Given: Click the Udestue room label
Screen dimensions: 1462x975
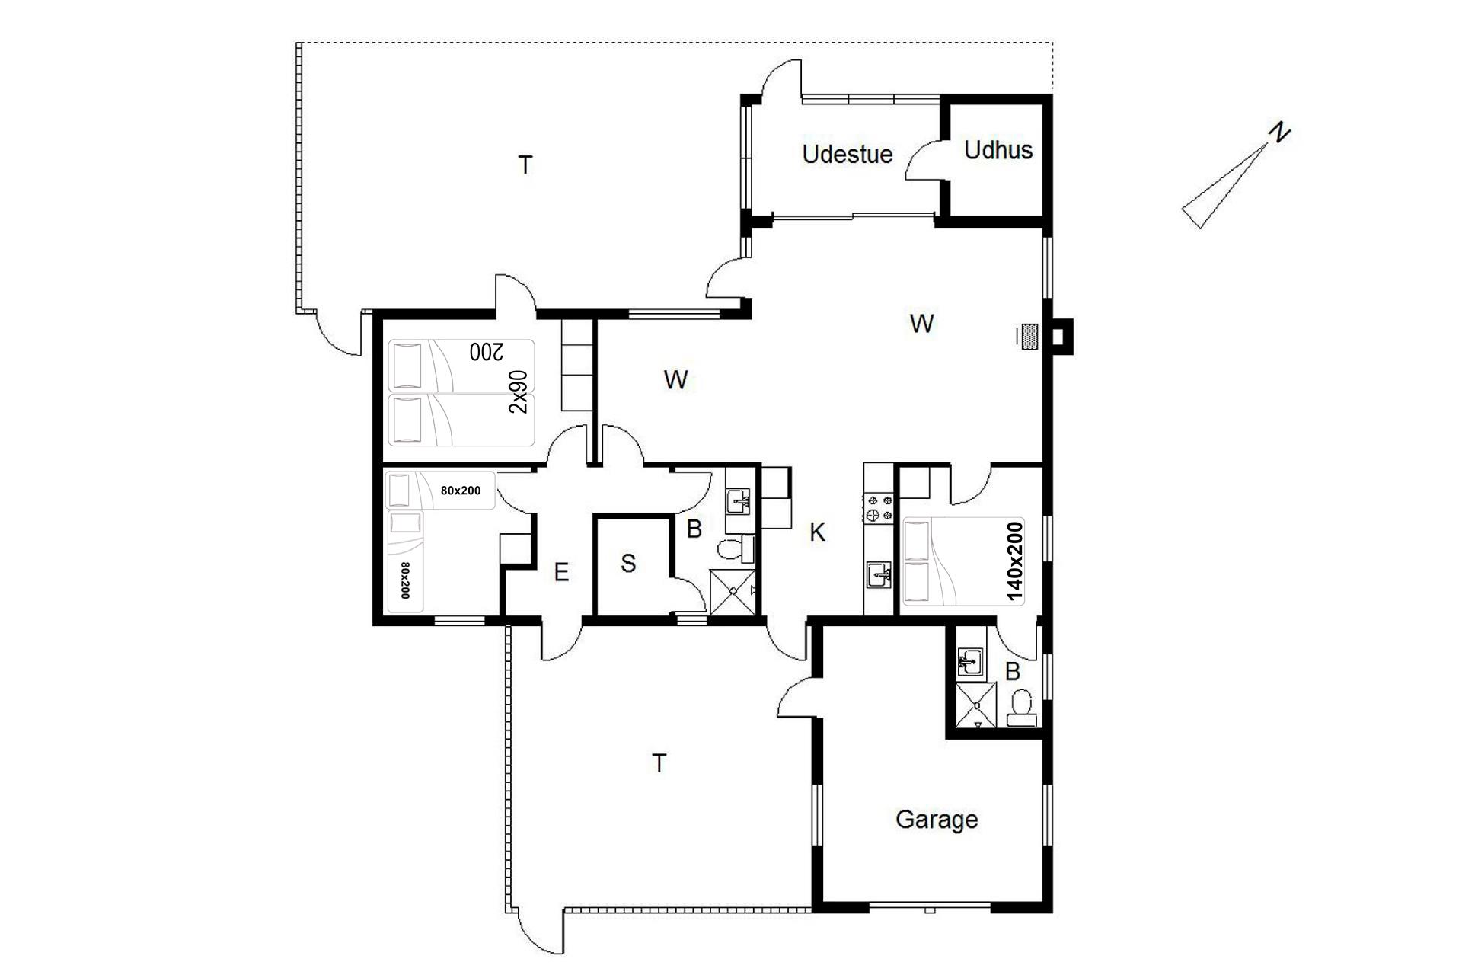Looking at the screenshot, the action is click(847, 155).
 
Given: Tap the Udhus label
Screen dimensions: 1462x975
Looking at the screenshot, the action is click(998, 150).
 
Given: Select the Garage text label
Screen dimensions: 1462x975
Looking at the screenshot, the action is click(937, 820).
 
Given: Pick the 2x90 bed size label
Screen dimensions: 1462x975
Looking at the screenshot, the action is click(518, 392).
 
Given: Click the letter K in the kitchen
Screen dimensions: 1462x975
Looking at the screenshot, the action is click(817, 532).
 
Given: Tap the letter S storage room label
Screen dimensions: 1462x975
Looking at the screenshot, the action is click(628, 564).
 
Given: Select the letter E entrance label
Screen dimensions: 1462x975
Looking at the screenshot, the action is click(561, 572).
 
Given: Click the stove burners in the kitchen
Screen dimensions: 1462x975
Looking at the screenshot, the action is click(879, 508).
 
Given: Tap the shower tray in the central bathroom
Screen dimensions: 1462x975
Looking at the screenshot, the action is click(733, 591).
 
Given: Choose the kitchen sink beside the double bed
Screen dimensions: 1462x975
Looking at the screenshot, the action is click(879, 573).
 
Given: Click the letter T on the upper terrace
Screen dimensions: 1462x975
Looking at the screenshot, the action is click(525, 165).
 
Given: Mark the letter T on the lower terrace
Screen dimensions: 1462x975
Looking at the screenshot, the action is click(659, 762).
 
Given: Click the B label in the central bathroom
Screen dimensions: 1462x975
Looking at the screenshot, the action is click(694, 529).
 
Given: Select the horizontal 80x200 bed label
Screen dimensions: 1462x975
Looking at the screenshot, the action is click(461, 491).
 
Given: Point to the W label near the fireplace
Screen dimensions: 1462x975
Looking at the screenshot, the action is click(921, 324).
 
